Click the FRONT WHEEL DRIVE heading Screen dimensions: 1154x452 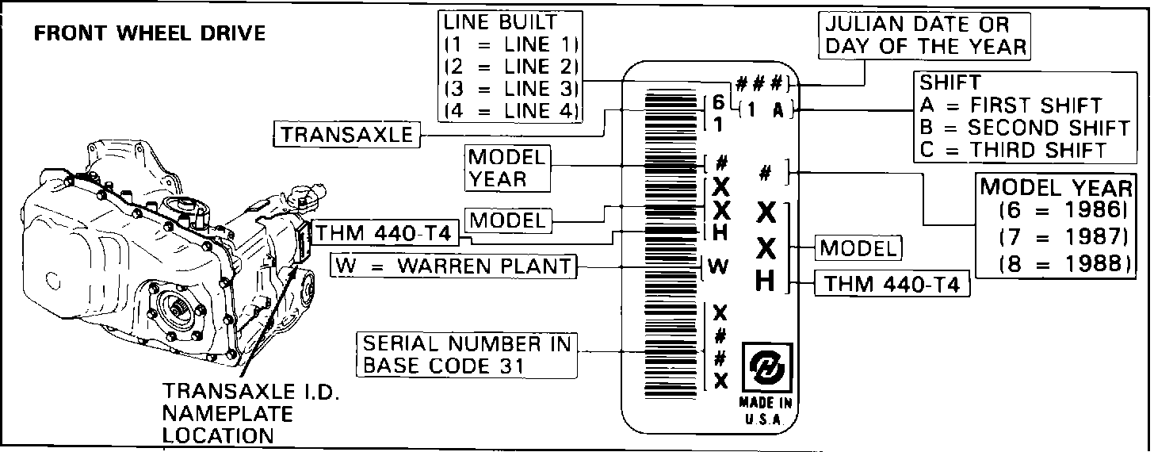(x=148, y=34)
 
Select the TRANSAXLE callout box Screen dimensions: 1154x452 (x=346, y=135)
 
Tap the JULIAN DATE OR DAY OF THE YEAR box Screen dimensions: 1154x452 (x=924, y=36)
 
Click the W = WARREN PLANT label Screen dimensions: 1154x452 (x=453, y=265)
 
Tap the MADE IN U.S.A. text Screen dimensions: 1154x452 (x=766, y=411)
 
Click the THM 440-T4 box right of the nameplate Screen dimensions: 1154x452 (x=892, y=283)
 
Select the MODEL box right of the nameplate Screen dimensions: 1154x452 (x=860, y=248)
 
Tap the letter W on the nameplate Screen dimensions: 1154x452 (x=718, y=266)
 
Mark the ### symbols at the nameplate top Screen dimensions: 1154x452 (x=759, y=83)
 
